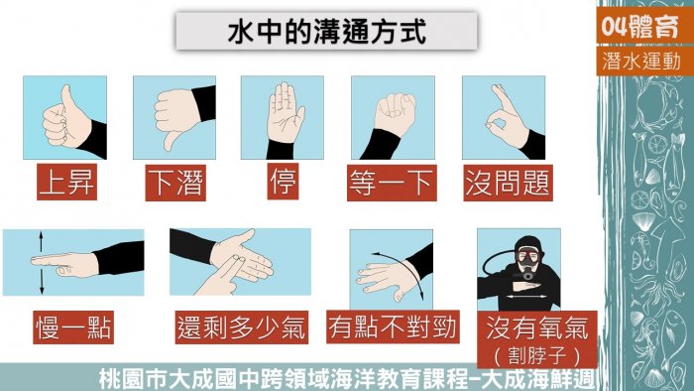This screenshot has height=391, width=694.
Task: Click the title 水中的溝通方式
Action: tap(326, 31)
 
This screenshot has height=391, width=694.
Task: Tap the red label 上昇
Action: tap(66, 182)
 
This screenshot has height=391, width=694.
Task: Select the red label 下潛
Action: tap(175, 183)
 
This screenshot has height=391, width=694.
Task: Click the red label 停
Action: tap(283, 181)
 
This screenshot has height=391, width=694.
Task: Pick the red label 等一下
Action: tap(392, 183)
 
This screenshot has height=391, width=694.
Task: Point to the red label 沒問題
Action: tap(508, 183)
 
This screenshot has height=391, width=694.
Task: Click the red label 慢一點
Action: tap(73, 327)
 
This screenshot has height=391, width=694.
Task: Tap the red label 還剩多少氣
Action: tap(242, 327)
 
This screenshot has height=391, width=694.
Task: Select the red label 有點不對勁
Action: tap(393, 326)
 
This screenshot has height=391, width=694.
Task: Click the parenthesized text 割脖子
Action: tap(537, 355)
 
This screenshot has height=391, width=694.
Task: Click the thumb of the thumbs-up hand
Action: tap(67, 103)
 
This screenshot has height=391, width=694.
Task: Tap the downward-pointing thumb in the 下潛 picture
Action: tap(172, 140)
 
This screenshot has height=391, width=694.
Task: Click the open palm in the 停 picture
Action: tap(286, 113)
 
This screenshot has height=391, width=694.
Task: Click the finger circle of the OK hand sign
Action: tap(496, 120)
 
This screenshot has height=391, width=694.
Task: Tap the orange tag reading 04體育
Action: tap(640, 26)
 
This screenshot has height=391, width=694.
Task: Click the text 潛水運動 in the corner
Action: tap(640, 61)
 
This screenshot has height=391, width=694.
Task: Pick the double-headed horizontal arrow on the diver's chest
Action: tap(525, 297)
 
